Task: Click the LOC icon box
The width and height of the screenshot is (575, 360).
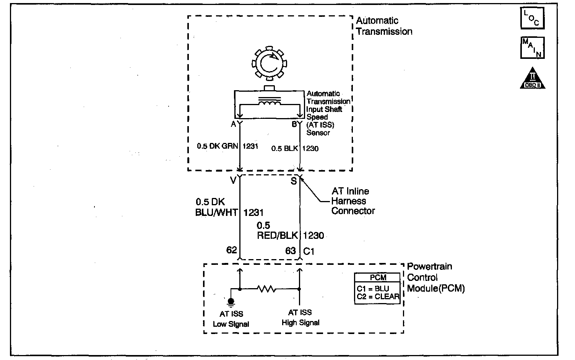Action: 532,18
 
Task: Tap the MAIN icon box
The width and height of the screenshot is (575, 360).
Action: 532,48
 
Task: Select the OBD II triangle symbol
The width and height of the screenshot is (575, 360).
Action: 532,79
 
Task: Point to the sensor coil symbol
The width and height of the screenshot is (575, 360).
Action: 270,102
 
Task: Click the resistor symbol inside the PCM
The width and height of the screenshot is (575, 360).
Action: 267,289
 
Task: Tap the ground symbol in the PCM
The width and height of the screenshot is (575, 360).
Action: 231,302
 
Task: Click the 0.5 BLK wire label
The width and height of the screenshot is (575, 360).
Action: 285,148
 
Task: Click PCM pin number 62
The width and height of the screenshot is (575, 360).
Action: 232,250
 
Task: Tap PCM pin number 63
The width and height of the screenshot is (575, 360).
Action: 291,251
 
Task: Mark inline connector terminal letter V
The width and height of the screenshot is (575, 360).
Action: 233,181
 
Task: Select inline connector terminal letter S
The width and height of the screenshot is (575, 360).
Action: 294,181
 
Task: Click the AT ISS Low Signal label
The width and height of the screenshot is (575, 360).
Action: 231,319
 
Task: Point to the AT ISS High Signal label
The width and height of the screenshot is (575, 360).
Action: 300,318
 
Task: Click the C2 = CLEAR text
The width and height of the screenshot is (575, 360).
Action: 378,296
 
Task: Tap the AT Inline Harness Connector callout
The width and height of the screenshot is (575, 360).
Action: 353,201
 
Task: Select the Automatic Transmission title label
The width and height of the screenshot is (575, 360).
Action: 384,26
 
